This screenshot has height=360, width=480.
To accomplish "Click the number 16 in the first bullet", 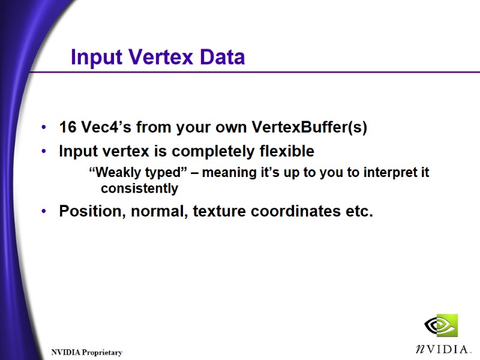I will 67,128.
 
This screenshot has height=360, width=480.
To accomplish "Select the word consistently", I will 139,188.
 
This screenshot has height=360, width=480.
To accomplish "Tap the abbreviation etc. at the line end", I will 359,212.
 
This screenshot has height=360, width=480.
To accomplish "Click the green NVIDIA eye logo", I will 440,325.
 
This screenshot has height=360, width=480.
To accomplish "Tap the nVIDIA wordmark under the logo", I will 442,349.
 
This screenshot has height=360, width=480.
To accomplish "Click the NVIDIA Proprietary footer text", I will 86,352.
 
